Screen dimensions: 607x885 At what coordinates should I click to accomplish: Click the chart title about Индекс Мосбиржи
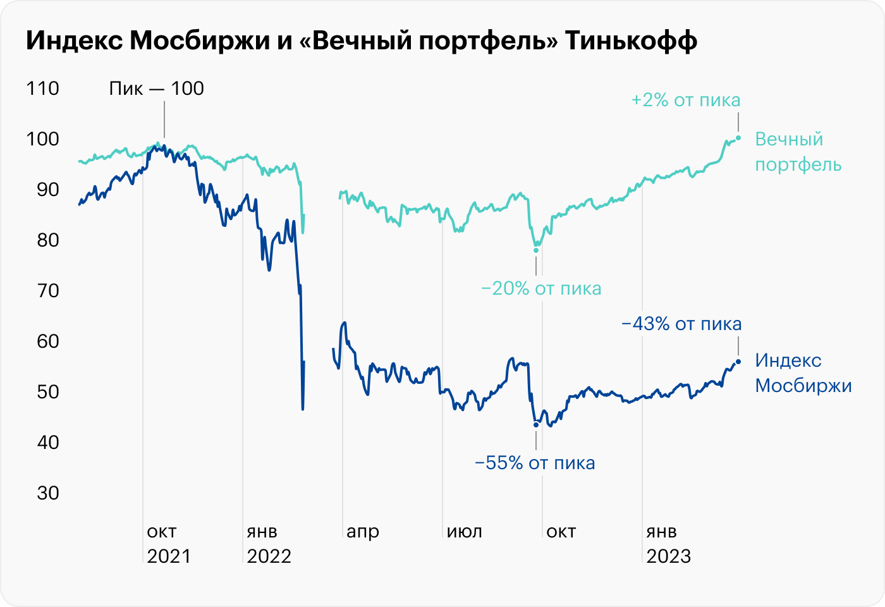pyautogui.click(x=362, y=41)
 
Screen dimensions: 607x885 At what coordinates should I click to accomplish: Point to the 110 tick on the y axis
pyautogui.click(x=43, y=89)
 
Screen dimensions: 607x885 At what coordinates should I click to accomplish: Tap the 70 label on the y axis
pyautogui.click(x=43, y=291)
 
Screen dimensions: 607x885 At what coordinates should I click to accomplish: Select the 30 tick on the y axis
pyautogui.click(x=48, y=493)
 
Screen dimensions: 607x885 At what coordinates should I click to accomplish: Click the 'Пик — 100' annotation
pyautogui.click(x=156, y=89)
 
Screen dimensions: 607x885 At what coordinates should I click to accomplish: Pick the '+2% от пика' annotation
pyautogui.click(x=685, y=100)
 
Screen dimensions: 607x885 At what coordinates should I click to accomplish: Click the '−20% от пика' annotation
pyautogui.click(x=541, y=289)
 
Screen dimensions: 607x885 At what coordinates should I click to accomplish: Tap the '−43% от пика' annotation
pyautogui.click(x=681, y=324)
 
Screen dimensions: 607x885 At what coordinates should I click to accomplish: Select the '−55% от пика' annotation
pyautogui.click(x=535, y=463)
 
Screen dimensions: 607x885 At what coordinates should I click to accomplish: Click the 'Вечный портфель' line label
pyautogui.click(x=798, y=152)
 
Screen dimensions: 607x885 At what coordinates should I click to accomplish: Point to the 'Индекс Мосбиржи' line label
pyautogui.click(x=803, y=373)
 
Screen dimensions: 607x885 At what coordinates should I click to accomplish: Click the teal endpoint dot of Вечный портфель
pyautogui.click(x=738, y=138)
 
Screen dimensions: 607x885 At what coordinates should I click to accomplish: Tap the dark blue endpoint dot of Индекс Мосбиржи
pyautogui.click(x=738, y=362)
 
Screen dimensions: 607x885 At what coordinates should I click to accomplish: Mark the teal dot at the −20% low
pyautogui.click(x=536, y=250)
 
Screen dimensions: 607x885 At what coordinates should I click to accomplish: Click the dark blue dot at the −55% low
pyautogui.click(x=536, y=424)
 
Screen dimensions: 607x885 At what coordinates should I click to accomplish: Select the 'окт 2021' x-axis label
pyautogui.click(x=168, y=544)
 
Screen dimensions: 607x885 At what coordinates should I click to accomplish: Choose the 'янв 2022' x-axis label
pyautogui.click(x=269, y=544)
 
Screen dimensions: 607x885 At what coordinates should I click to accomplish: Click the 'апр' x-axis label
pyautogui.click(x=363, y=532)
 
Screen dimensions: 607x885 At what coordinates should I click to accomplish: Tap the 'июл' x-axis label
pyautogui.click(x=465, y=532)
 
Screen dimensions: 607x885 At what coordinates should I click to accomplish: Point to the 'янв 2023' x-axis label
pyautogui.click(x=668, y=544)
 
